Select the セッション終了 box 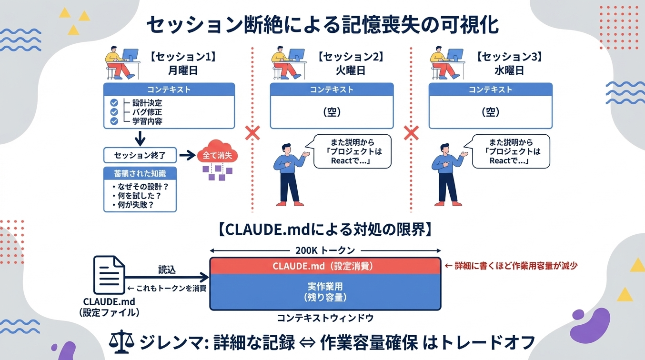coord(140,155)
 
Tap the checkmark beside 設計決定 coord(114,102)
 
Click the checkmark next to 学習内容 coord(114,121)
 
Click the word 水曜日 coord(509,70)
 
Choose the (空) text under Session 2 coord(332,112)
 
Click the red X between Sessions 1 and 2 coord(252,133)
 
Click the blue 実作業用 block coord(325,291)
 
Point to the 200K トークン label coord(325,250)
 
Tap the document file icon coord(109,275)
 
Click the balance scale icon coord(120,341)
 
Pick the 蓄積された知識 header coord(140,172)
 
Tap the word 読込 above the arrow coord(167,270)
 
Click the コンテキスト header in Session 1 coord(169,90)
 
